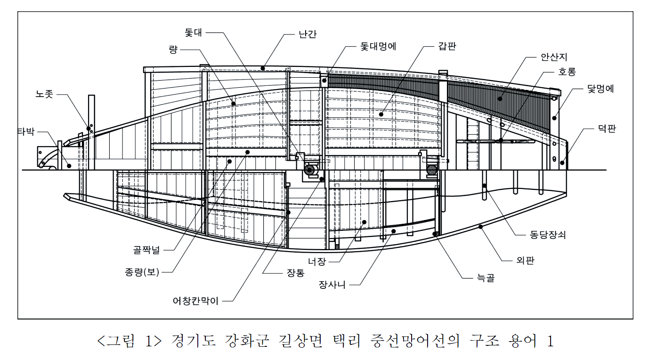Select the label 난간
point(307,35)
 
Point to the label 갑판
point(446,46)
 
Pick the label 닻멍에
point(600,88)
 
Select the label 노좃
point(45,94)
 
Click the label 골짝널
point(146,250)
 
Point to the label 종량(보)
point(142,272)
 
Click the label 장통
point(295,272)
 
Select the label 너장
point(317,261)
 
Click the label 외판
point(524,260)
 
